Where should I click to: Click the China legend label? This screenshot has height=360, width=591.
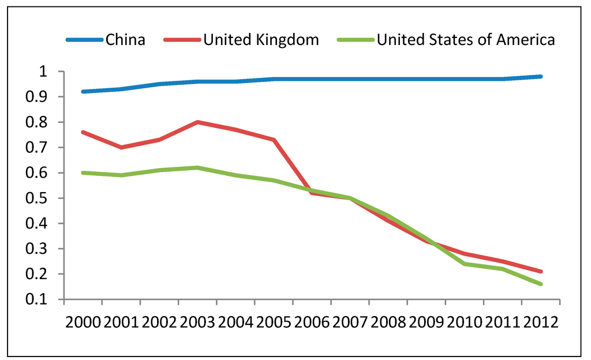pos(125,40)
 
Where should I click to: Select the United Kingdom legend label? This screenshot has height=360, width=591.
pos(261,40)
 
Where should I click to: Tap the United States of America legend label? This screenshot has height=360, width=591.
pos(466,40)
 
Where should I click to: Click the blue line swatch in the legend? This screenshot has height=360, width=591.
pos(84,40)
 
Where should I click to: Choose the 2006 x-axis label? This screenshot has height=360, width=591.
pos(312,322)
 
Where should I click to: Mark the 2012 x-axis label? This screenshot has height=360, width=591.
pos(540,322)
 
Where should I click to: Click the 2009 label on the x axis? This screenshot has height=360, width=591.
pos(426,322)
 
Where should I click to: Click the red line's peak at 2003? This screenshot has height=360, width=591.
pos(197,122)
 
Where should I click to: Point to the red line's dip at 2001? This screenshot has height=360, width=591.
pos(121,148)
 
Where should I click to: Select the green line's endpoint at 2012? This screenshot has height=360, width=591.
pos(541,284)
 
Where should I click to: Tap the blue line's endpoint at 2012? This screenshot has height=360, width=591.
pos(541,76)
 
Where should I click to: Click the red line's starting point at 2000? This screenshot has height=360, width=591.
pos(83,132)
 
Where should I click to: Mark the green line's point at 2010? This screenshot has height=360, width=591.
pos(465,264)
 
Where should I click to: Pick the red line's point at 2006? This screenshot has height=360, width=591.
pos(312,193)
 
